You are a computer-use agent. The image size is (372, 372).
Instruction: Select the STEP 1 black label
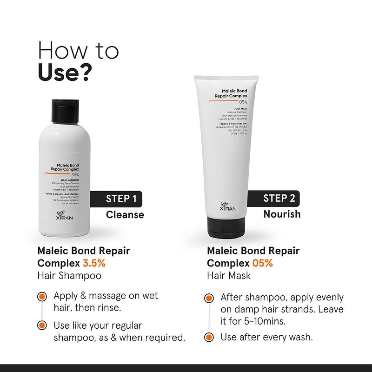click(121, 199)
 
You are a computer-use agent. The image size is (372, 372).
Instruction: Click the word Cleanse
click(125, 214)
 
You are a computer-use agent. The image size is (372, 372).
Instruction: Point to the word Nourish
click(282, 214)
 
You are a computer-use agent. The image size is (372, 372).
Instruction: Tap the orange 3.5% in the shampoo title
click(94, 263)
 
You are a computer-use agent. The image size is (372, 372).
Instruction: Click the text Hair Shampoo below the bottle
click(69, 275)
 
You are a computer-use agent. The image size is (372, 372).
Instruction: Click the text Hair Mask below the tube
click(229, 275)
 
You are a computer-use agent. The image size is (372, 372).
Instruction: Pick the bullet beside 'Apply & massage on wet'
click(42, 296)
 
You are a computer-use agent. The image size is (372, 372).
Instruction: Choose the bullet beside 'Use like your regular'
click(42, 325)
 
